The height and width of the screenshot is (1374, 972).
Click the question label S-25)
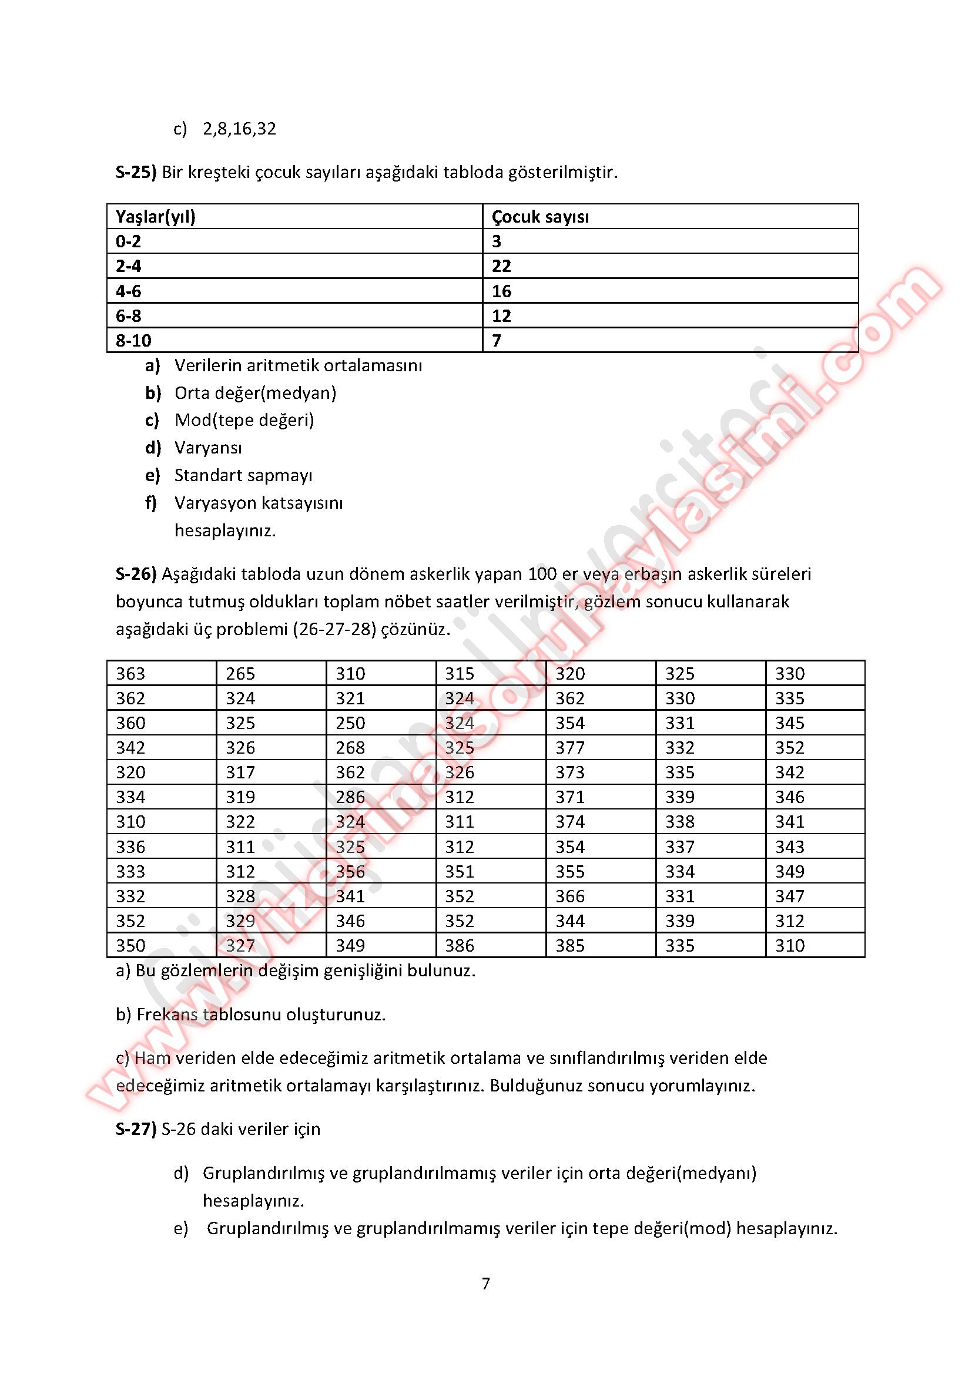tap(136, 172)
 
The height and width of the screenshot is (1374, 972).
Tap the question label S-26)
tap(136, 574)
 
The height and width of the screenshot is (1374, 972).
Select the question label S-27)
tap(136, 1128)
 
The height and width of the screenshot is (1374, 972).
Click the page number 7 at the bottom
tap(485, 1283)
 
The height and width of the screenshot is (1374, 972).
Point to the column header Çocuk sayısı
tap(540, 217)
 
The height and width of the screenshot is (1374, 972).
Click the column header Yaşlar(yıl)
tap(156, 217)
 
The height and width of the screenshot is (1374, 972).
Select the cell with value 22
tap(501, 266)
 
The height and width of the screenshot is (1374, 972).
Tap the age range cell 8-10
tap(133, 341)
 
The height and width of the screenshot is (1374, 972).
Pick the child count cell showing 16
tap(501, 291)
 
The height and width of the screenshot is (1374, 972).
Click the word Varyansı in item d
tap(208, 448)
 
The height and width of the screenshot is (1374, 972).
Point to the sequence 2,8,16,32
tap(239, 129)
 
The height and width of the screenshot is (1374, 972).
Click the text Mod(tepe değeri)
tap(244, 420)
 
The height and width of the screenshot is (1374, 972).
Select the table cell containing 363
tap(130, 674)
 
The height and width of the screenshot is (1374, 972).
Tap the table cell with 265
tap(240, 674)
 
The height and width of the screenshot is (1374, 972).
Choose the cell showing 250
tap(350, 723)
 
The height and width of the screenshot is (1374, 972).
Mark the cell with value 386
tap(460, 946)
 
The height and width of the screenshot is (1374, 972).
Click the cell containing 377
tap(570, 748)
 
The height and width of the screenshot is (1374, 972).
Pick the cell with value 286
tap(350, 797)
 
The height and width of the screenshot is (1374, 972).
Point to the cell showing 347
tap(790, 896)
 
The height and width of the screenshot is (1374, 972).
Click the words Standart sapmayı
tap(243, 475)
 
